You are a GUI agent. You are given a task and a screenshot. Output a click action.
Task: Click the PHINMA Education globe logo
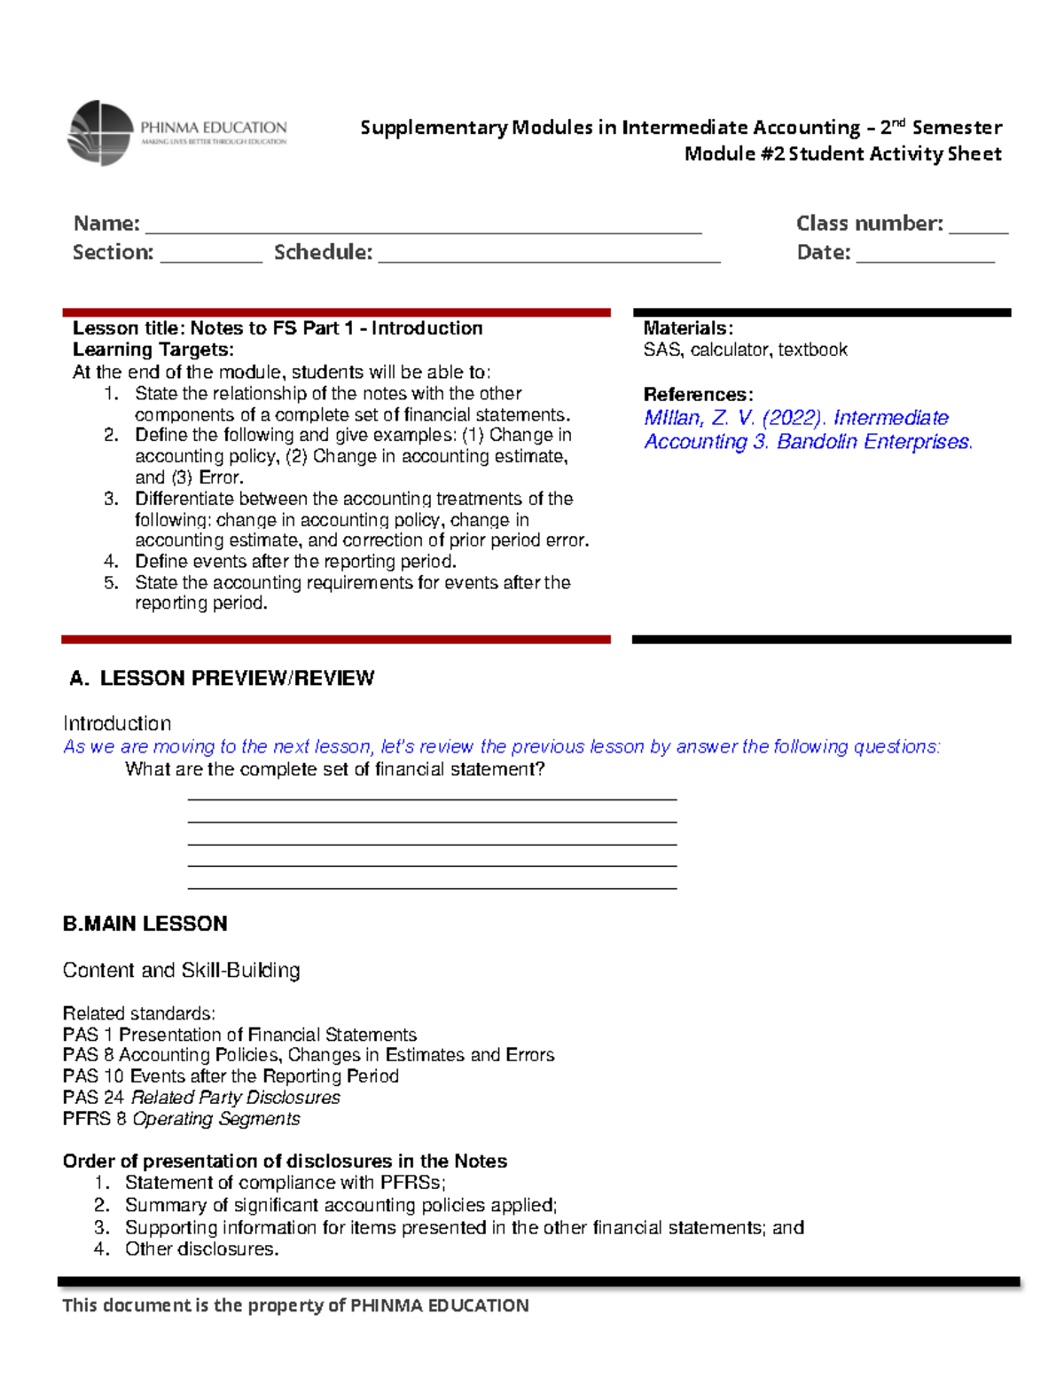pyautogui.click(x=100, y=133)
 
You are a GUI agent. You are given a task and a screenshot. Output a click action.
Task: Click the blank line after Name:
pyautogui.click(x=423, y=230)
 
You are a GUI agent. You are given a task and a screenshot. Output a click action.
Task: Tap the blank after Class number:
pyautogui.click(x=978, y=230)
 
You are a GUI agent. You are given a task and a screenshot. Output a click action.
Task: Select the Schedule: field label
pyautogui.click(x=323, y=253)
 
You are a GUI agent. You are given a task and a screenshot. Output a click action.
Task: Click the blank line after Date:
pyautogui.click(x=925, y=259)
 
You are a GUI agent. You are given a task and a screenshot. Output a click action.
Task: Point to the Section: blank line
pyautogui.click(x=211, y=259)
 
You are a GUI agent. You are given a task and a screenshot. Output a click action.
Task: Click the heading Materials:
pyautogui.click(x=688, y=328)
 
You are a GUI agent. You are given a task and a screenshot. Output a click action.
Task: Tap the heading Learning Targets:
pyautogui.click(x=153, y=350)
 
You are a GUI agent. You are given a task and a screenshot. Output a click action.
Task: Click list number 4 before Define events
pyautogui.click(x=111, y=561)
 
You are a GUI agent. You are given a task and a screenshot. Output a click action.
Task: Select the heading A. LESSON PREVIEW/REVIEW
pyautogui.click(x=222, y=679)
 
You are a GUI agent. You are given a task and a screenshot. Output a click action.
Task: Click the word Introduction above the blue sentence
pyautogui.click(x=117, y=723)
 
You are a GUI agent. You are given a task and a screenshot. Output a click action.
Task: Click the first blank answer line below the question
pyautogui.click(x=432, y=799)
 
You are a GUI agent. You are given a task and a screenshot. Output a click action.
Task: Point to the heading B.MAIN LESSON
pyautogui.click(x=145, y=924)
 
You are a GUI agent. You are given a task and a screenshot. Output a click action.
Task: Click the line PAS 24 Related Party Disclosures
pyautogui.click(x=201, y=1098)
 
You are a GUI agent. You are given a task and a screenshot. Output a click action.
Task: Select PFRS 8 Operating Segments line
pyautogui.click(x=182, y=1119)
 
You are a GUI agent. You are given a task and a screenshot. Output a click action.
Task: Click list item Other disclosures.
pyautogui.click(x=201, y=1249)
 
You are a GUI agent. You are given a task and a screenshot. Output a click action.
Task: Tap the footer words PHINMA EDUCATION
pyautogui.click(x=440, y=1305)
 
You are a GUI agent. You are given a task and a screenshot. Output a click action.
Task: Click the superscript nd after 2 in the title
pyautogui.click(x=899, y=122)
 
